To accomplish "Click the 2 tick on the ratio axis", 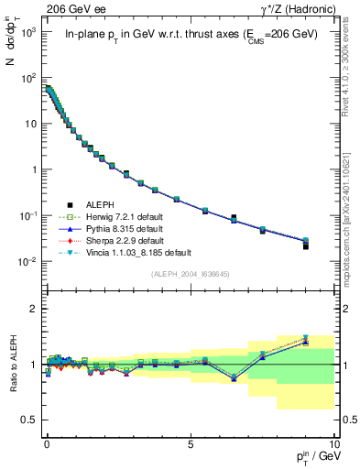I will tap(33, 309).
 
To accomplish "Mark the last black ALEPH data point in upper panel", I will tap(332, 245).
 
